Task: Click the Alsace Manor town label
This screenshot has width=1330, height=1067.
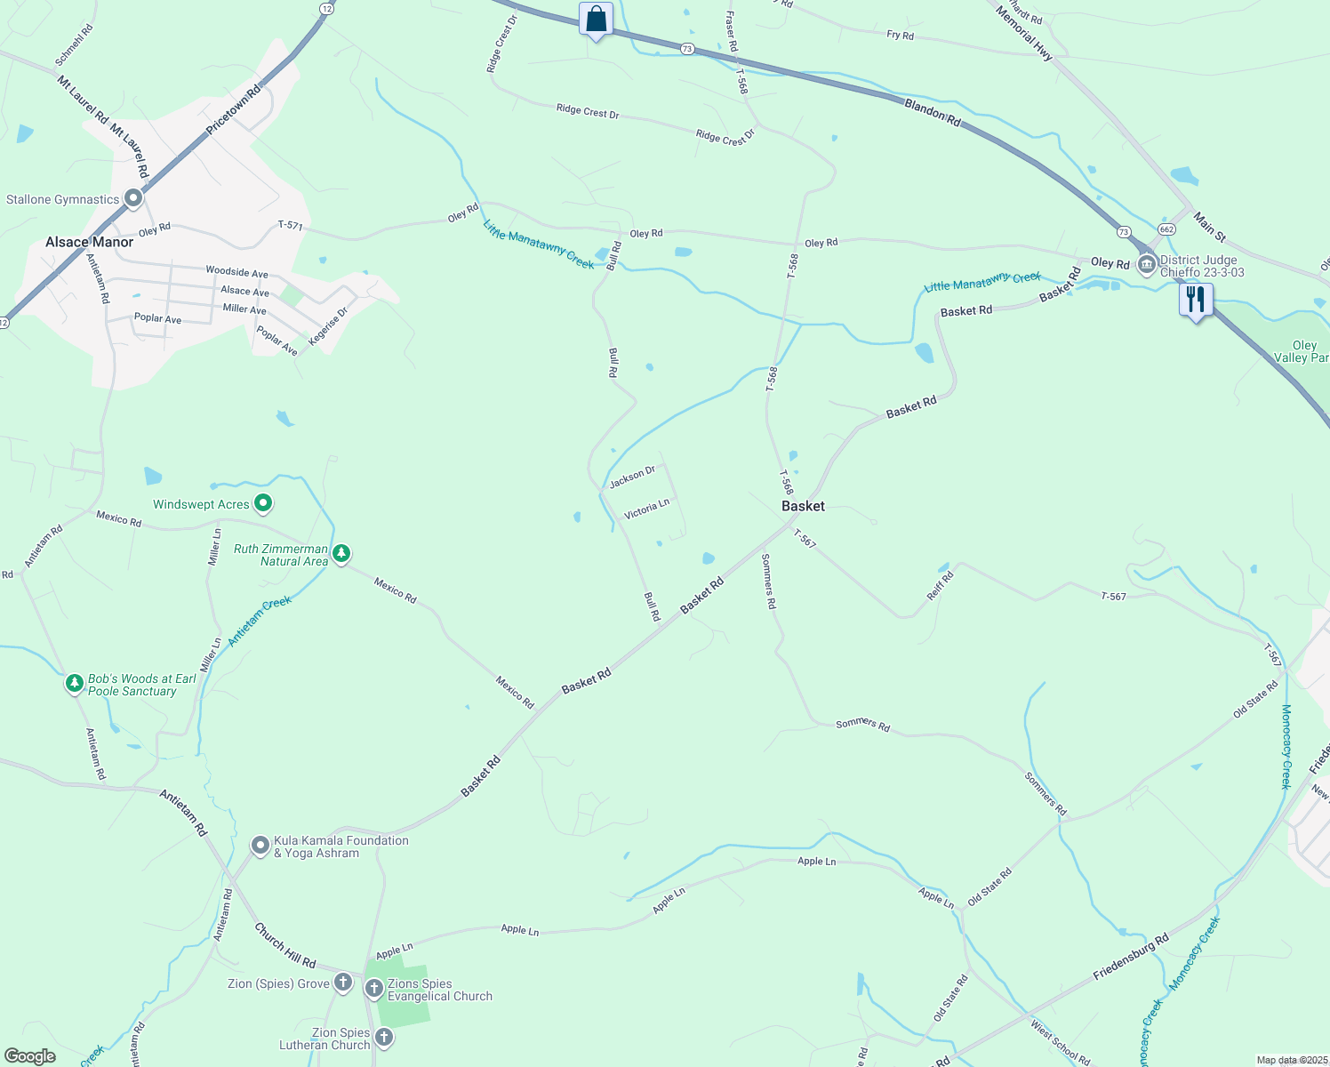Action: (x=89, y=242)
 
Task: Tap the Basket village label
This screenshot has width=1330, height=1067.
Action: (x=803, y=506)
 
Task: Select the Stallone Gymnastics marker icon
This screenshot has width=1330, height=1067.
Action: (x=133, y=198)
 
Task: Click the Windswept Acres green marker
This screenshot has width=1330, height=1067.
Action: (x=263, y=504)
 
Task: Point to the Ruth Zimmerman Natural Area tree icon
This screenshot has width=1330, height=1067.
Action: (x=341, y=555)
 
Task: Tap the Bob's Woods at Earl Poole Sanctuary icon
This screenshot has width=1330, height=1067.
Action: (x=75, y=685)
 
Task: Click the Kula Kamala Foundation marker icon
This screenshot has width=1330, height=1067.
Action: (x=260, y=846)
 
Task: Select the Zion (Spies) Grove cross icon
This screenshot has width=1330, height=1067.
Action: (x=343, y=983)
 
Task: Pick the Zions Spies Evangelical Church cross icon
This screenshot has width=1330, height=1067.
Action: (x=374, y=988)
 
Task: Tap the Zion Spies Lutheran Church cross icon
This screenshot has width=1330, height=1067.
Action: (x=383, y=1037)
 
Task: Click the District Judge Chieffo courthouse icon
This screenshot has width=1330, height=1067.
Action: (x=1147, y=264)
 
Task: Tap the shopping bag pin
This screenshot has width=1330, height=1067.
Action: (x=596, y=19)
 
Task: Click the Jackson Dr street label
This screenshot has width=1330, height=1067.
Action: (x=632, y=477)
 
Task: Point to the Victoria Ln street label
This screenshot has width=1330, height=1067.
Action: (x=646, y=509)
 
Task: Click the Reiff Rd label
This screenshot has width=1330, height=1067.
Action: (x=940, y=586)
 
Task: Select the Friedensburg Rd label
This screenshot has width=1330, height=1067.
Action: (x=1131, y=957)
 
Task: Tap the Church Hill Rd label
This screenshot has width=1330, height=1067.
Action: (x=284, y=945)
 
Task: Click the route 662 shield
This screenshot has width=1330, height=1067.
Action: (x=1167, y=229)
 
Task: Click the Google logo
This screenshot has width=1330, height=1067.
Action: (x=30, y=1055)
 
